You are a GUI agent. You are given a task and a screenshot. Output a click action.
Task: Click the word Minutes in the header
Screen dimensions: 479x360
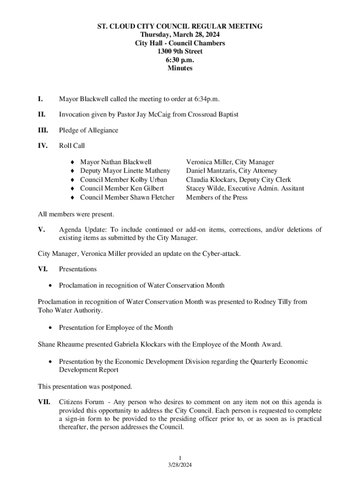pos(180,68)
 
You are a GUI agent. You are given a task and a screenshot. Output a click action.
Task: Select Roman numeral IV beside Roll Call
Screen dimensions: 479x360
pos(43,145)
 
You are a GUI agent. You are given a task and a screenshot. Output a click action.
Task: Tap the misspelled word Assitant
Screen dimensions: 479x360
pos(290,189)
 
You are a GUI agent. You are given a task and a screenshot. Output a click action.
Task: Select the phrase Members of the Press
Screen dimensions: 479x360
pos(216,197)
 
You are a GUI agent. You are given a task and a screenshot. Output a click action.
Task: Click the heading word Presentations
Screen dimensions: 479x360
pos(78,269)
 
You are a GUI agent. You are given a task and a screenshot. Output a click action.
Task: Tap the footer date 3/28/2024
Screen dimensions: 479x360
pos(180,465)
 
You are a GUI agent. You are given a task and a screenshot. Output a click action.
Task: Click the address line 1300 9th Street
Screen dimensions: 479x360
pos(180,51)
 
